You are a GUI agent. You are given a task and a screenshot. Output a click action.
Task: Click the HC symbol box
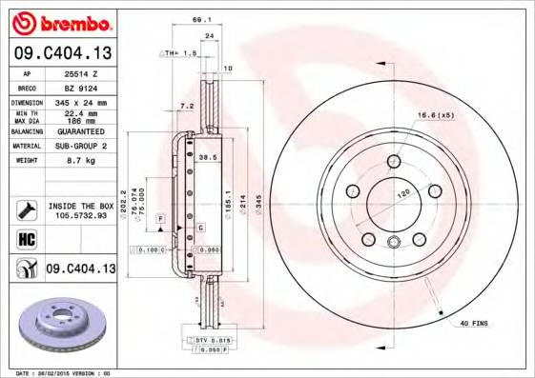[25, 238]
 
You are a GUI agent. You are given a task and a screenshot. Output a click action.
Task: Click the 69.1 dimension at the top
[200, 17]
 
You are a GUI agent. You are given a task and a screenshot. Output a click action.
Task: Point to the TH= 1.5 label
[180, 54]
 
